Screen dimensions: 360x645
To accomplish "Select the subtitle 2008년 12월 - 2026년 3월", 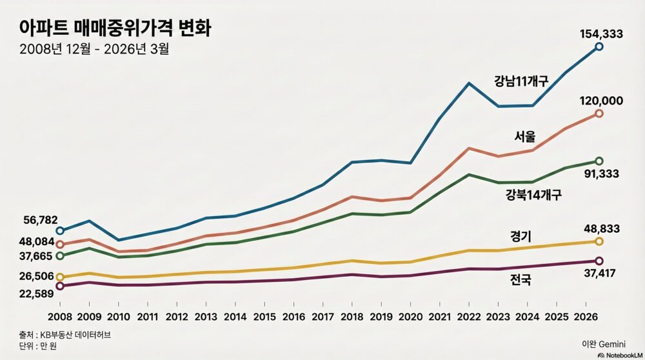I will (94, 49).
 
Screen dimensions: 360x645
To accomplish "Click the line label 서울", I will (524, 136).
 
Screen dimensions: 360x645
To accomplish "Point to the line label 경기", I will (521, 235).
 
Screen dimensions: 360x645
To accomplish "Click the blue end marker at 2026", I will (599, 46).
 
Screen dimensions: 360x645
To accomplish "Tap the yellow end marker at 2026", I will (599, 241).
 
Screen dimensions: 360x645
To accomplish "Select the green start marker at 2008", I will (60, 256).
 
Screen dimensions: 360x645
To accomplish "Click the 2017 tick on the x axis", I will (322, 316).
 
